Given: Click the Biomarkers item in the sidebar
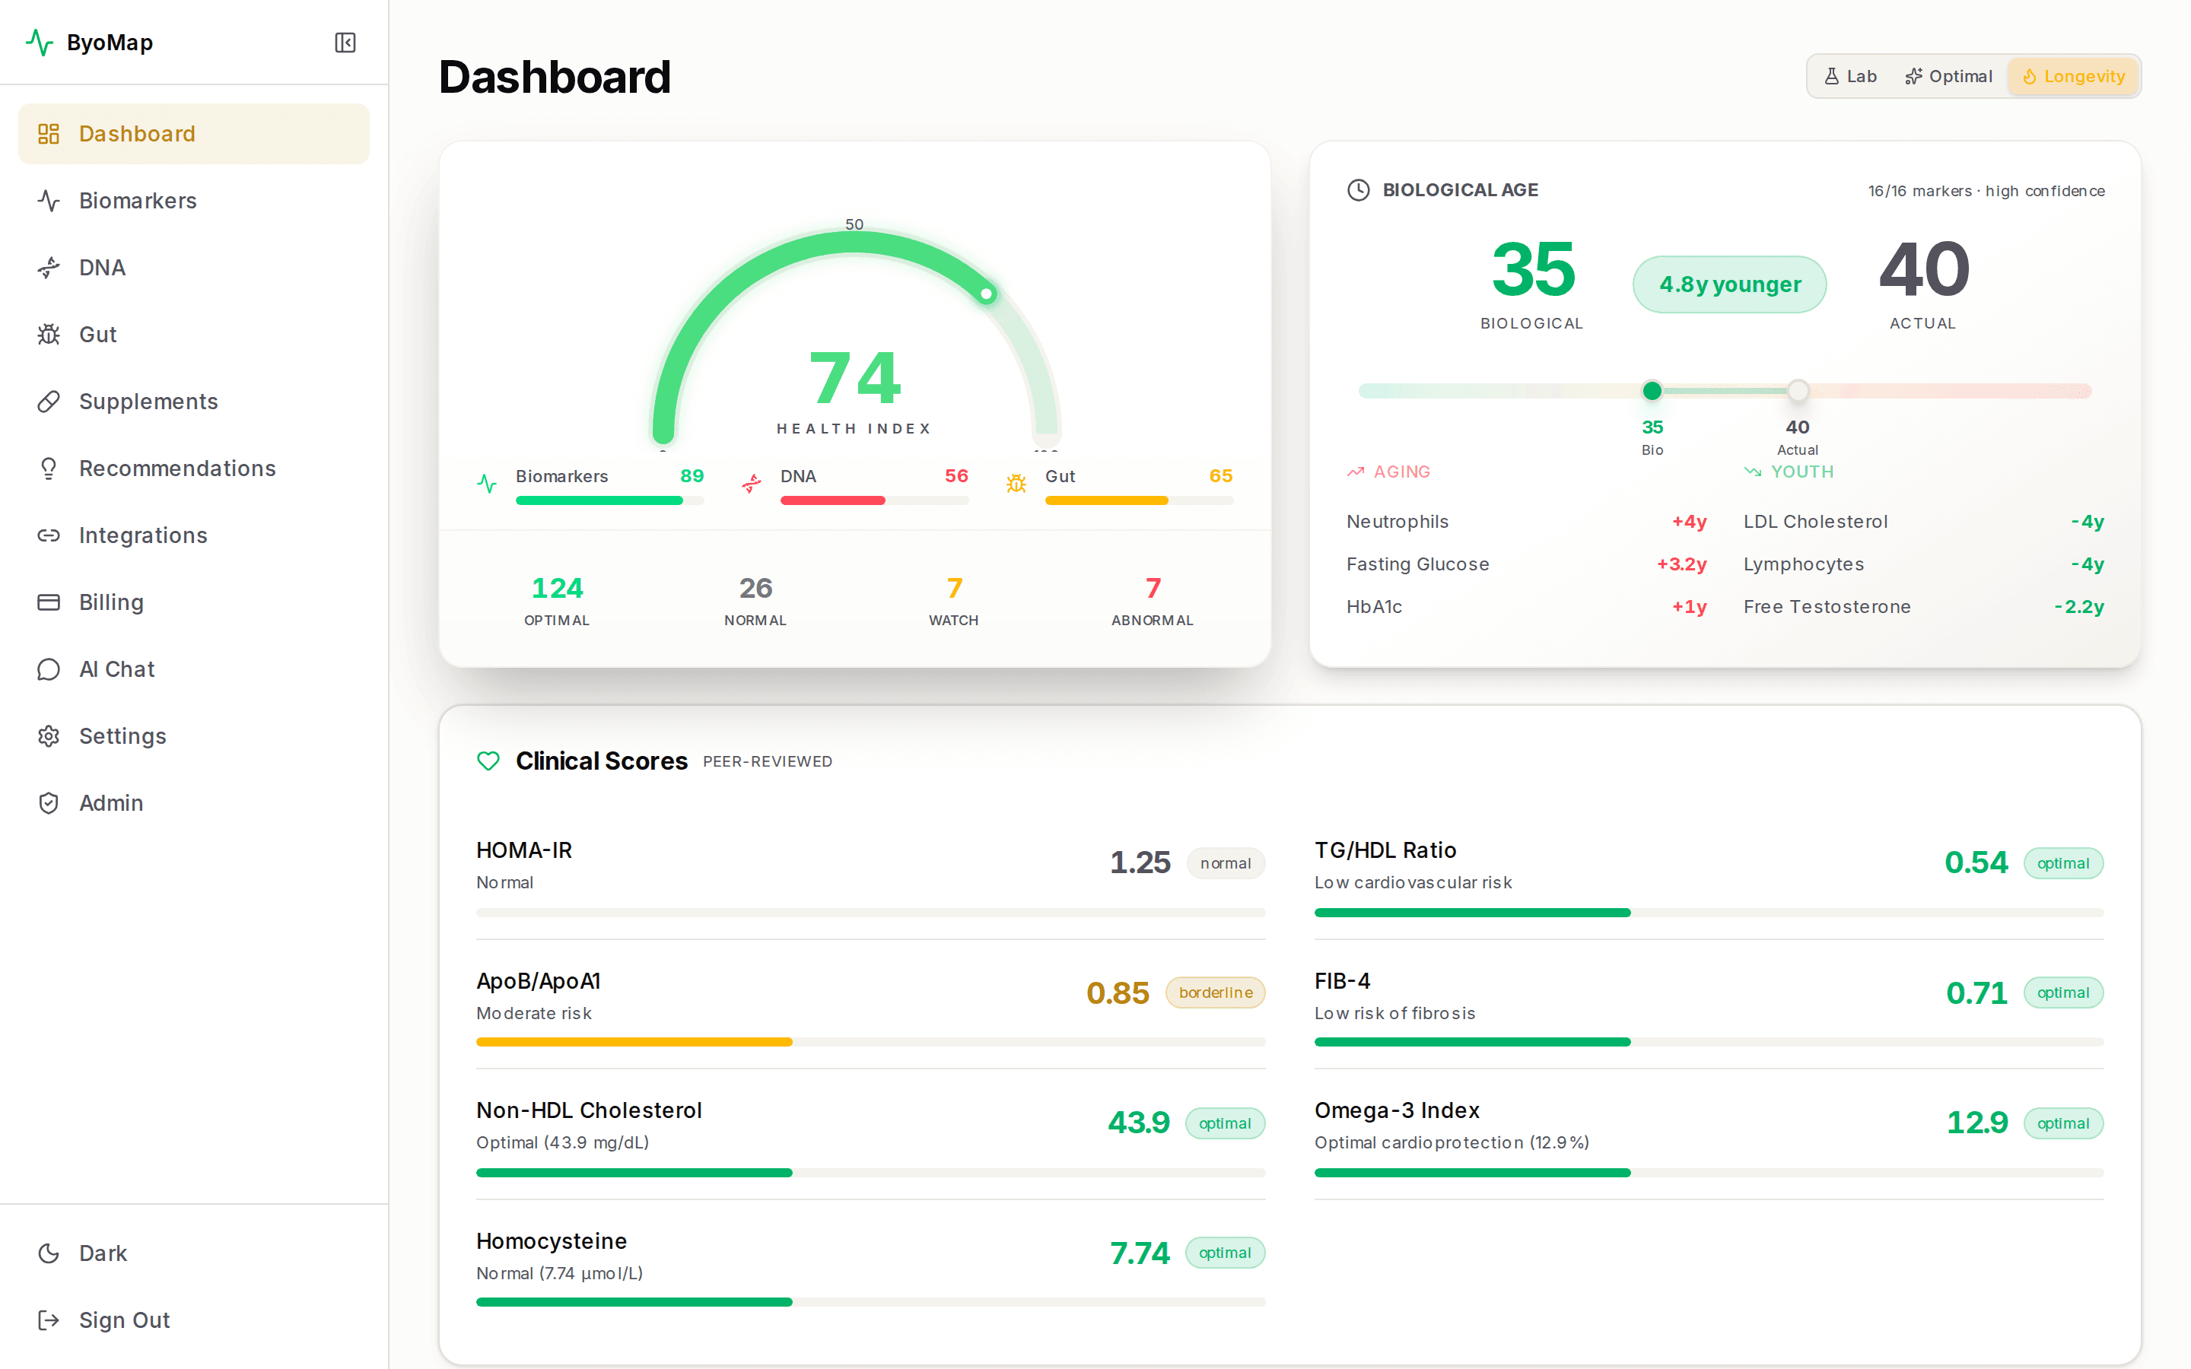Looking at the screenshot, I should (x=137, y=200).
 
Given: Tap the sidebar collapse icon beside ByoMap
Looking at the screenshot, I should (x=345, y=43).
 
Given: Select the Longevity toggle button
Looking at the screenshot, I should (x=2073, y=76).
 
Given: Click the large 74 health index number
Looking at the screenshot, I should (x=854, y=379).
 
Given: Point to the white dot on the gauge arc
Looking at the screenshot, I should (x=986, y=294).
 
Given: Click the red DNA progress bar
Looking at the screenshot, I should (x=832, y=500).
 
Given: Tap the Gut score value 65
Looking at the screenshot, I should (x=1220, y=476).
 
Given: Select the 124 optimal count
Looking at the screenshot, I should (x=557, y=589).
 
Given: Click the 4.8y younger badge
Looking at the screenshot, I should (x=1729, y=284).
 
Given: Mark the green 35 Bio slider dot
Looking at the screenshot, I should (x=1652, y=391).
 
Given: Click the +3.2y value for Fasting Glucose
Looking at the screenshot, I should (x=1681, y=564).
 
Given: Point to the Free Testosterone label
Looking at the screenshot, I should (x=1826, y=607).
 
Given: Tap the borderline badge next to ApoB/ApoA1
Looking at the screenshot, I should (x=1215, y=993).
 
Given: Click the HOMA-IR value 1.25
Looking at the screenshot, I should (x=1140, y=862).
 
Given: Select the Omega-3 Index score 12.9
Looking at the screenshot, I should (x=1976, y=1123).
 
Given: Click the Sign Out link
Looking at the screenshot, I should (x=123, y=1320).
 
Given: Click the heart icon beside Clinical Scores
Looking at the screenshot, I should (x=488, y=761).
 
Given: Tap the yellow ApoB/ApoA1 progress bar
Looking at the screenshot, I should (x=634, y=1042).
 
